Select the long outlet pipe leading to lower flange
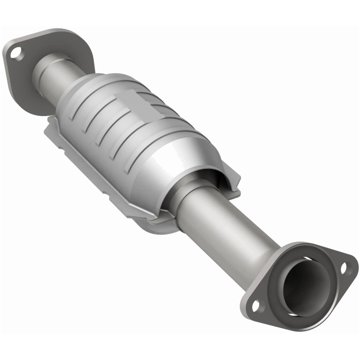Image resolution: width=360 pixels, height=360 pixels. [x=225, y=229]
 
